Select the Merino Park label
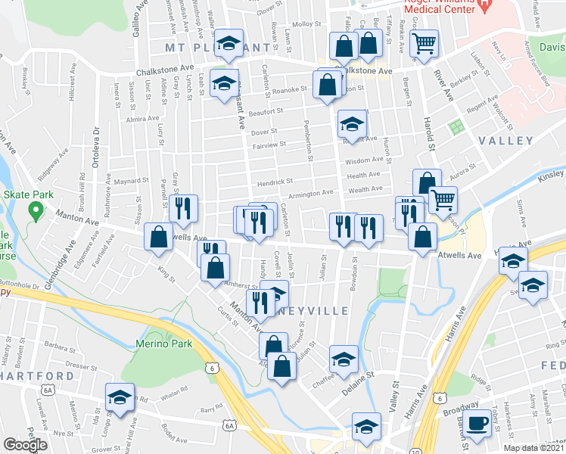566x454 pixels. pos(161,344)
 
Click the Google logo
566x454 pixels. pos(25,445)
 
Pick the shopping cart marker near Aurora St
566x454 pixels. pos(443,200)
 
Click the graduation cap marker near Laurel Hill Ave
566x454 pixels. pos(120,398)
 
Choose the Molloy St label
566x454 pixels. pos(306,24)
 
